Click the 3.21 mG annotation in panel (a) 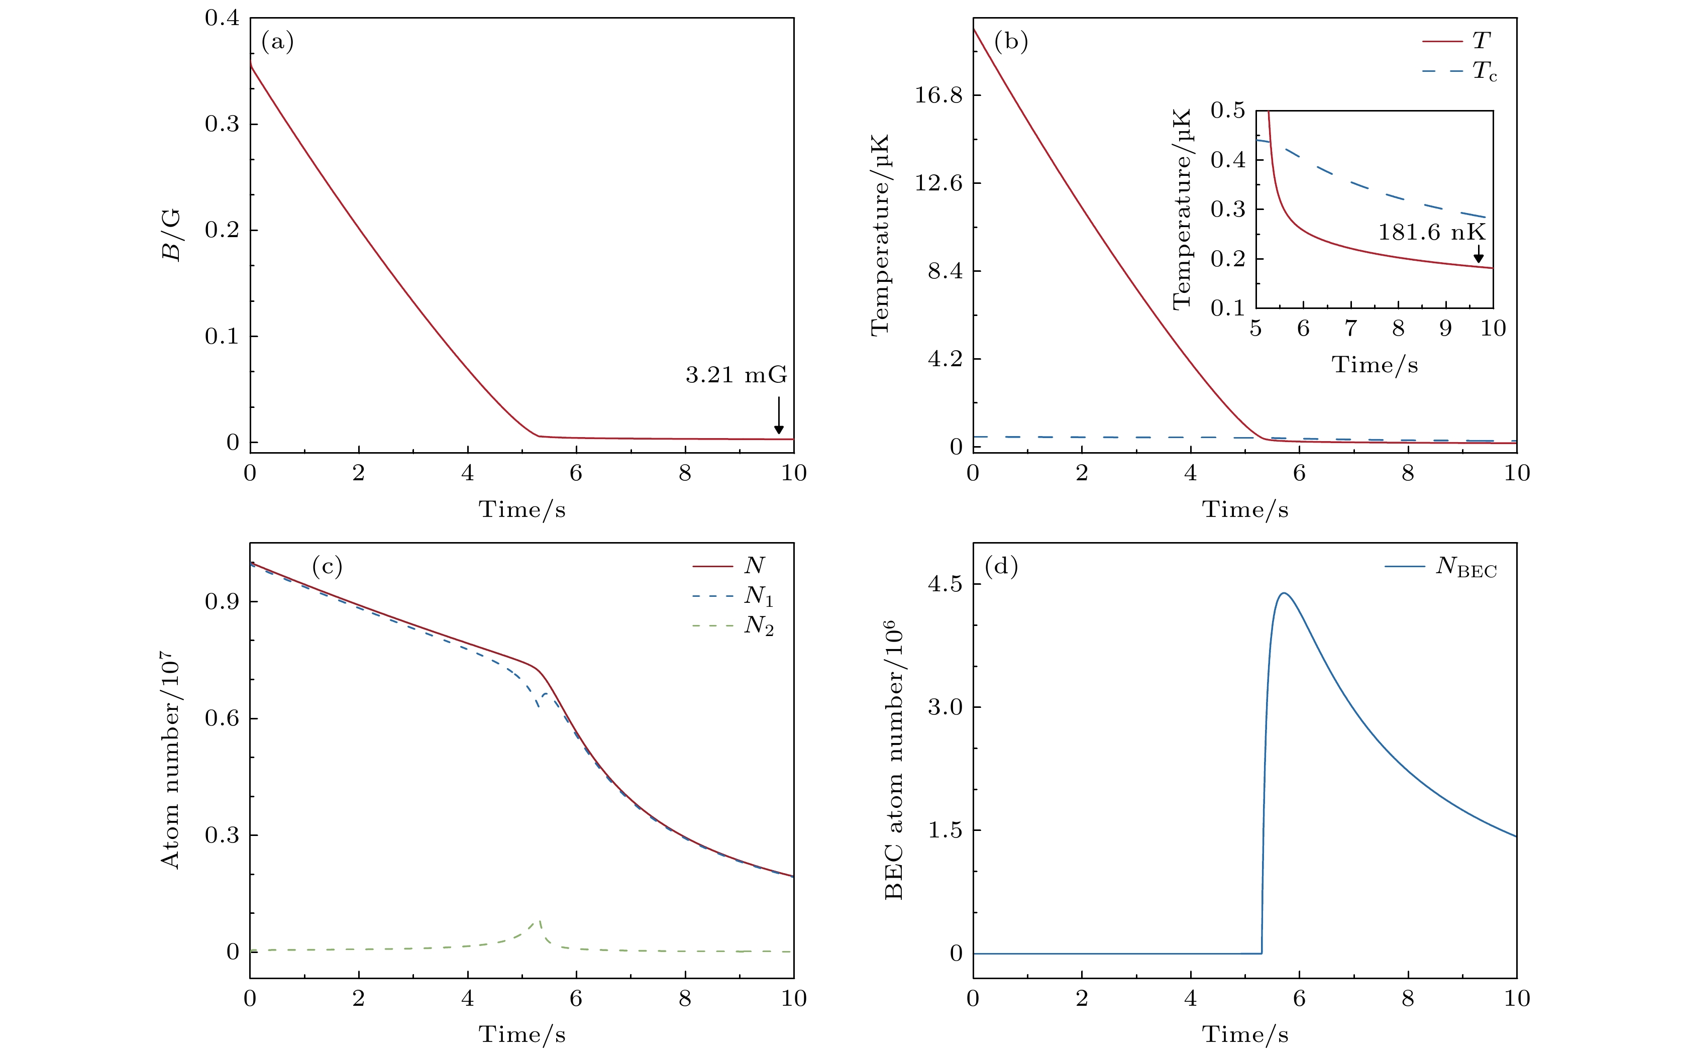pos(736,375)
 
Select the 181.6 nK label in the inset pos(1432,233)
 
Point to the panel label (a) pos(277,43)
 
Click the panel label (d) pos(1001,566)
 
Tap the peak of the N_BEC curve pos(1284,593)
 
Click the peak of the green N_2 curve pos(538,921)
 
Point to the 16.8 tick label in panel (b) pos(938,95)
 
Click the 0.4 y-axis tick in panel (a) pos(222,18)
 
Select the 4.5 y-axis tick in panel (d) pos(945,584)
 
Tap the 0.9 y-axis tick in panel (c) pos(222,602)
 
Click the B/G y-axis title pos(171,235)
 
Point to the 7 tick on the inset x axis pos(1351,329)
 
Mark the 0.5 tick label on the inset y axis pos(1228,111)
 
